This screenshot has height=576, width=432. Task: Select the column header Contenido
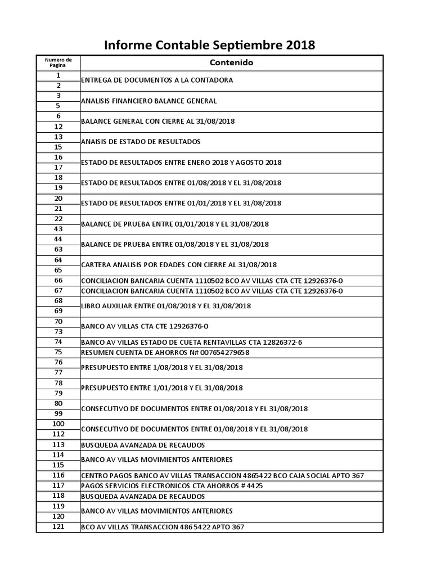point(231,62)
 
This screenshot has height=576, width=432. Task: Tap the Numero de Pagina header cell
point(58,62)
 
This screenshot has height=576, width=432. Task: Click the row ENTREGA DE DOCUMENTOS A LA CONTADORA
point(157,80)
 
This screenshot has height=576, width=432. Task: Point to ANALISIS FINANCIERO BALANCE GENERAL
point(149,101)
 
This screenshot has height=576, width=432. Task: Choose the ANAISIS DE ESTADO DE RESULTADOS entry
point(141,142)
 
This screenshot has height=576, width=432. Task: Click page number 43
point(58,229)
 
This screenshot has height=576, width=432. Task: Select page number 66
point(58,280)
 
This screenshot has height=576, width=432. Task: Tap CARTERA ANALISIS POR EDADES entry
point(179,265)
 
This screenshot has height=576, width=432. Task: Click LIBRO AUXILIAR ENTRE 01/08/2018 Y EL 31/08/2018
point(166,306)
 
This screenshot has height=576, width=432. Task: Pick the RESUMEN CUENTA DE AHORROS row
point(165,353)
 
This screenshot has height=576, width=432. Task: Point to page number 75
point(58,352)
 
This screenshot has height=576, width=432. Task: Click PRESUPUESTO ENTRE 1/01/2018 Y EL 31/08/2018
point(162,388)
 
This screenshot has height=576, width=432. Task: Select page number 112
point(58,434)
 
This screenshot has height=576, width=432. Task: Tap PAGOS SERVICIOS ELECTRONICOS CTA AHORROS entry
point(172,486)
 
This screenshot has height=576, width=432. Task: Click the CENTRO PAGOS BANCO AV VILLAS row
point(222,476)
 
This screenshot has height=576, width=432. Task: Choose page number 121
point(58,526)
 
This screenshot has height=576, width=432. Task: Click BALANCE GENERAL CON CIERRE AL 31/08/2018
point(158,121)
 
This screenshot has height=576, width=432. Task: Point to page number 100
point(58,424)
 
